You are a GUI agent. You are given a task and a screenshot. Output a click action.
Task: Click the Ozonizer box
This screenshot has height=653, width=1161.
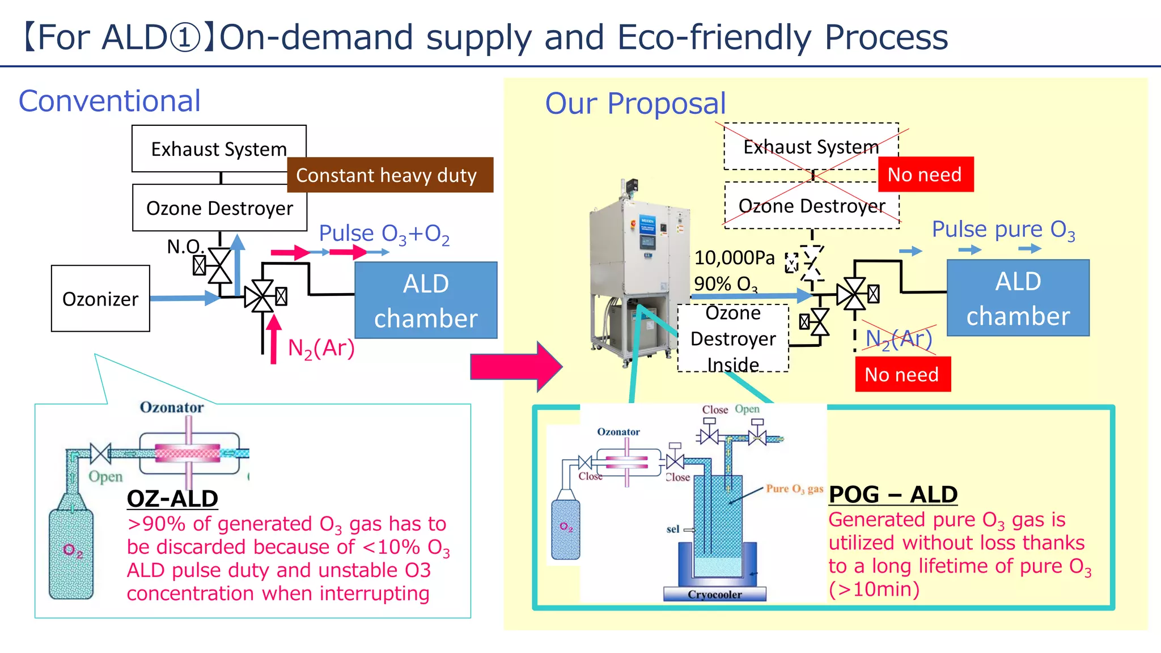pos(100,299)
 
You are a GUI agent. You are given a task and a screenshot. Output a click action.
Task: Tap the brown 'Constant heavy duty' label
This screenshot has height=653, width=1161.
pos(389,175)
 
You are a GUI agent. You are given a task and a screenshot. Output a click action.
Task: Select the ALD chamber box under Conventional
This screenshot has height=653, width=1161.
pos(426,300)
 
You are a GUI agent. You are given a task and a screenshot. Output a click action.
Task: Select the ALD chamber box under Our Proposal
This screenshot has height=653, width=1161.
pos(1018,298)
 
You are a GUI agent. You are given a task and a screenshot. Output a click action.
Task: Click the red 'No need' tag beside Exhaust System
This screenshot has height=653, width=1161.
pos(925,175)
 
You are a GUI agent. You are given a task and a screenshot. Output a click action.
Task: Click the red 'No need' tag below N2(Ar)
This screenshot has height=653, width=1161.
pos(902,374)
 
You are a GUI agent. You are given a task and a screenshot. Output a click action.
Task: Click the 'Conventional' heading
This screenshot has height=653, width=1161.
pos(109,101)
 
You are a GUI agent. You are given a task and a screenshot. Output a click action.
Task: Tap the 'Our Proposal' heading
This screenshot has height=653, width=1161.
pos(635,104)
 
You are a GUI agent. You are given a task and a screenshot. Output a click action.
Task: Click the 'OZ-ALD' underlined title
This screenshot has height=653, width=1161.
pos(172,499)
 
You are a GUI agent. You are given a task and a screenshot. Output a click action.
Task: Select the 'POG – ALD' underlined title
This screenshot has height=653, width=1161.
pos(893,495)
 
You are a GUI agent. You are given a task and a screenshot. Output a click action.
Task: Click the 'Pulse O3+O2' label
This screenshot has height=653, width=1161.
pos(384,234)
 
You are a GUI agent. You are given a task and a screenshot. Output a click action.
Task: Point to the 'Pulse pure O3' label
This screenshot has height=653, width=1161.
pos(1003,230)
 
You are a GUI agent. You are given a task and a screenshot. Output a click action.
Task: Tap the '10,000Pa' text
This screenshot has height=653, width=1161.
pos(734,258)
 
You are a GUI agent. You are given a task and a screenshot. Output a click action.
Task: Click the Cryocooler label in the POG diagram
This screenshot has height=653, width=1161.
pos(714,594)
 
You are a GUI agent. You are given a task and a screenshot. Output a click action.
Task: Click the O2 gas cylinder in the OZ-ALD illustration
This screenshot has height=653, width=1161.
pos(71,550)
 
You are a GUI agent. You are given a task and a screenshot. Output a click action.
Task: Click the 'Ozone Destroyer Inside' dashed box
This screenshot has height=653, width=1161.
pos(733,338)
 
